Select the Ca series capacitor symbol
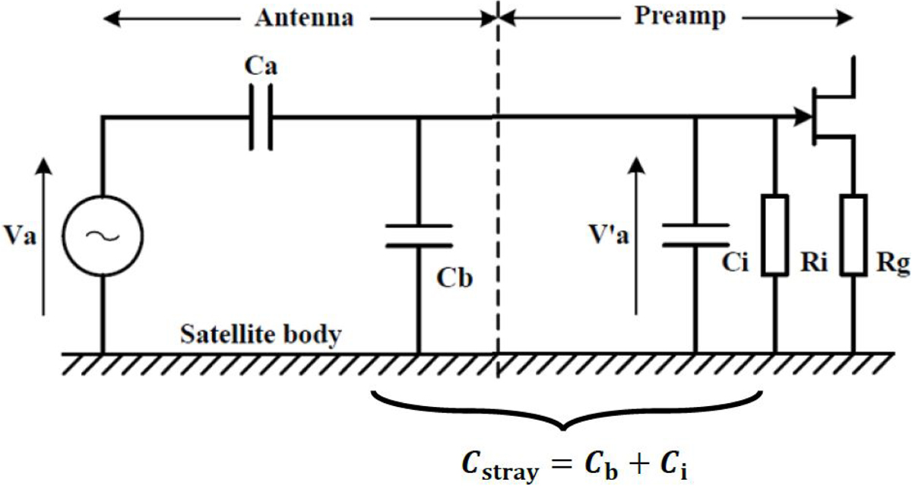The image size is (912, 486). [x=261, y=117]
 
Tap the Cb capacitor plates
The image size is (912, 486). [x=419, y=236]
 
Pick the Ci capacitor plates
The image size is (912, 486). [x=696, y=235]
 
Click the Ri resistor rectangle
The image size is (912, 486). [x=775, y=235]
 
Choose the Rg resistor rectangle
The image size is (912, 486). [x=853, y=235]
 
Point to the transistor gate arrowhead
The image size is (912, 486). [x=803, y=117]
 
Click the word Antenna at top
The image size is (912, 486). [x=304, y=18]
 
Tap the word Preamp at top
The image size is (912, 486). [x=680, y=17]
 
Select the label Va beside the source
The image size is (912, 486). [x=20, y=236]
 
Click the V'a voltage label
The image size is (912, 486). [x=609, y=235]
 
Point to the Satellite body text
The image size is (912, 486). [x=261, y=335]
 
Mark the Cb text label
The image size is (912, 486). [x=454, y=278]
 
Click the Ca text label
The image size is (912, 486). [x=261, y=65]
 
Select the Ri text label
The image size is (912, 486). [x=814, y=262]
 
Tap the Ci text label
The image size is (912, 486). [x=735, y=262]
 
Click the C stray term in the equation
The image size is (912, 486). [x=500, y=467]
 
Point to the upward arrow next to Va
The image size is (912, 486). [x=43, y=237]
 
